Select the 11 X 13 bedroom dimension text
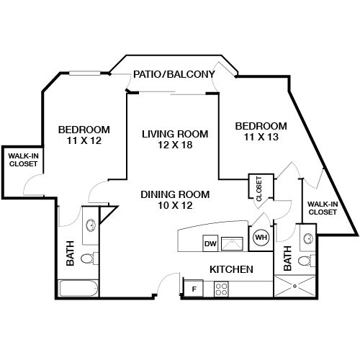261,137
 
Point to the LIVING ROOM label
175,134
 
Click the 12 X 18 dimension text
175,145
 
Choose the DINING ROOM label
175,194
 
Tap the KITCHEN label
230,269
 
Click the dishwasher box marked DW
210,243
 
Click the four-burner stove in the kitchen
222,289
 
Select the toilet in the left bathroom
88,258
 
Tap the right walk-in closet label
322,208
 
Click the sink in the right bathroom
307,238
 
